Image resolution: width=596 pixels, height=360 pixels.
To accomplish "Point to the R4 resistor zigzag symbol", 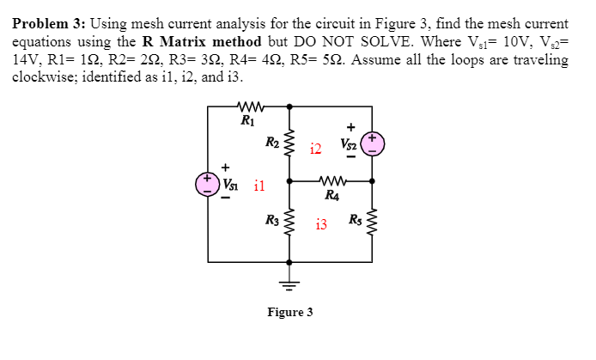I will click(331, 181).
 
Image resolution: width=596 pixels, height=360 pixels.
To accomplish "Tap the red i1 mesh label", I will click(259, 185).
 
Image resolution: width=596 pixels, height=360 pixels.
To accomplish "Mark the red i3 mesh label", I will click(321, 225).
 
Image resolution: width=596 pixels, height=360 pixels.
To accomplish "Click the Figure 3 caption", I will click(289, 311).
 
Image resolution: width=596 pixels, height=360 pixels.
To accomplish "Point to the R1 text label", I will click(248, 120).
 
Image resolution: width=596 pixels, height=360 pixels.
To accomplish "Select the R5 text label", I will click(355, 226).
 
